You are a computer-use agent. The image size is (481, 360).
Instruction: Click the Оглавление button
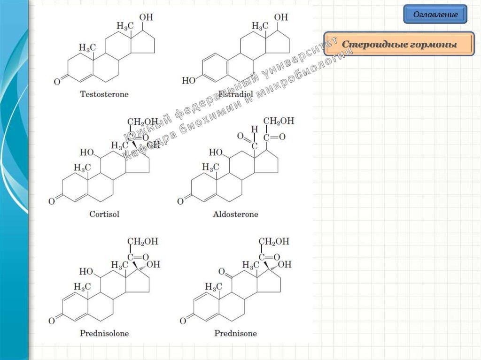[435, 14]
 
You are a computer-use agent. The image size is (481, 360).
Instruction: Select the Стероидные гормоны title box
[399, 45]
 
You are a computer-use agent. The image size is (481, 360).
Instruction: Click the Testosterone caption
[104, 94]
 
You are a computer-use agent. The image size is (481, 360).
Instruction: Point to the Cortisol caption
[104, 214]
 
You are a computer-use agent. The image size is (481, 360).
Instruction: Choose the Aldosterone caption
[235, 214]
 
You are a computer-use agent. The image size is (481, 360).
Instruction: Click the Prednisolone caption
[104, 333]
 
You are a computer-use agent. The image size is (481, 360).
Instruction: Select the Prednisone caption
[235, 333]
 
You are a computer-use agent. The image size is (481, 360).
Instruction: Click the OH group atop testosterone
[146, 17]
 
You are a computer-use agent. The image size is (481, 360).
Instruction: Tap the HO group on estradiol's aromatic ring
[188, 80]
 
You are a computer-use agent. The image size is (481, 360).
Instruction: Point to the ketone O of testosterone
[57, 82]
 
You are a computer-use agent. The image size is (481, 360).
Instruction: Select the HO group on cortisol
[86, 152]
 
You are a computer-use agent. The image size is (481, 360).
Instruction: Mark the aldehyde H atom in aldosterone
[255, 128]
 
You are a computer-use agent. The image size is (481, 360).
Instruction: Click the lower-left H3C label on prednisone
[213, 286]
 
